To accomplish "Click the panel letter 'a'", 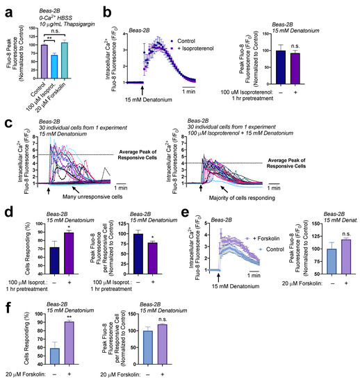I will [x=6, y=7].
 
